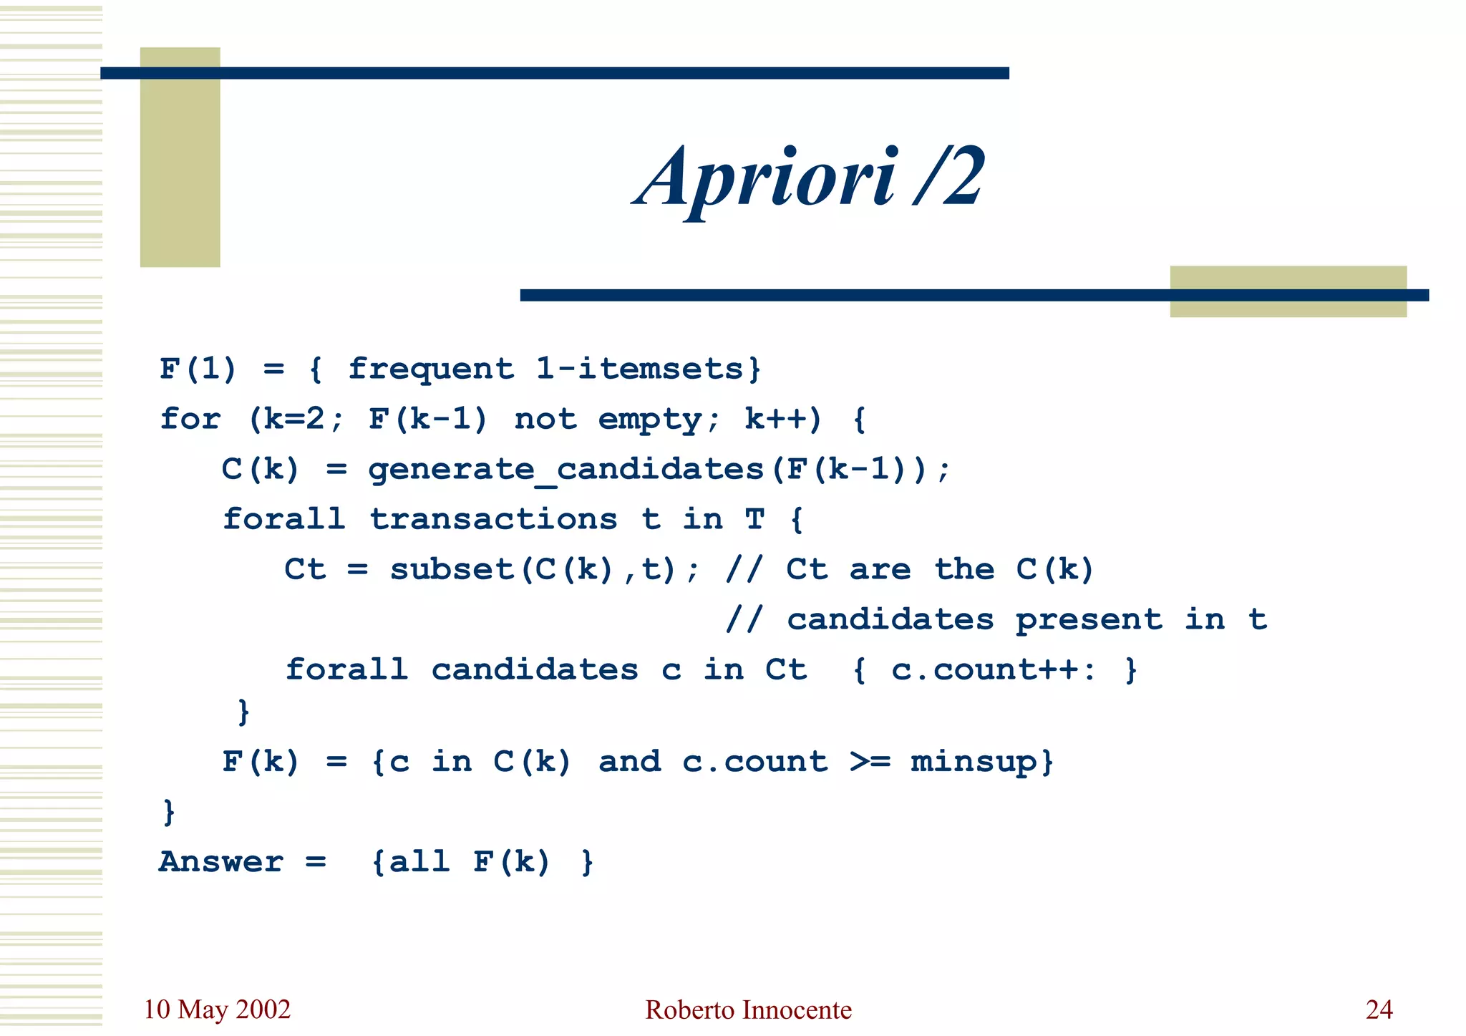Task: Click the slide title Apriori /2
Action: (810, 177)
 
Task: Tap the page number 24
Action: (1379, 1010)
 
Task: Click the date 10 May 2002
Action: (217, 1010)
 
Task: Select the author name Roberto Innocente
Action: (748, 1010)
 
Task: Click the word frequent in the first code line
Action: (431, 369)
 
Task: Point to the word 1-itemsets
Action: (641, 369)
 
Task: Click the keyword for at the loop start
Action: (190, 419)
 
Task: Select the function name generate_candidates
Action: (565, 470)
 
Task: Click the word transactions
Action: (493, 519)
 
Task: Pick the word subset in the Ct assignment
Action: (452, 569)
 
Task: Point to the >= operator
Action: (870, 762)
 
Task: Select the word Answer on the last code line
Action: (221, 862)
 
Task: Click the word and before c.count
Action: (630, 762)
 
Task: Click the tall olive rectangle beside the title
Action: (180, 158)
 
